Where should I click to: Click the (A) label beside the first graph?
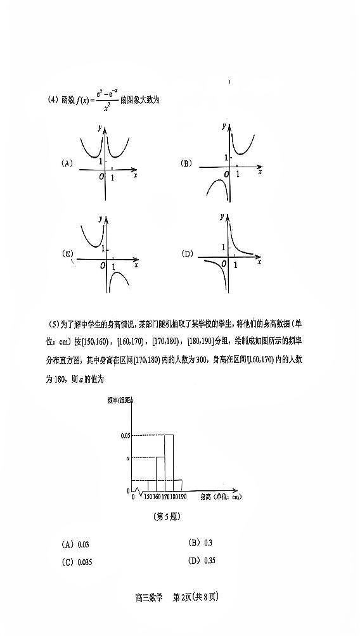[x=67, y=163]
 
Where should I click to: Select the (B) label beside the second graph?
[x=186, y=163]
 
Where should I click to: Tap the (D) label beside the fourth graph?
[x=187, y=254]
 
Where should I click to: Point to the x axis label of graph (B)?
[x=259, y=172]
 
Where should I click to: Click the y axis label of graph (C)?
[x=100, y=219]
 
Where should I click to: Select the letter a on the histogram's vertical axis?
[x=127, y=457]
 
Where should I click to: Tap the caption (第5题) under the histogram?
[x=168, y=516]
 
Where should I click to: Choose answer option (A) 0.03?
[x=75, y=544]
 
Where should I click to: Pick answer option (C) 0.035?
[x=77, y=562]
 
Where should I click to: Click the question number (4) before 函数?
[x=53, y=99]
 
